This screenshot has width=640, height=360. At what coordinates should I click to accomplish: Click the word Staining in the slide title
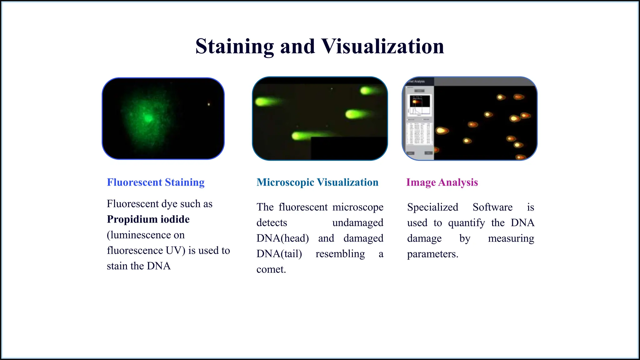coord(234,46)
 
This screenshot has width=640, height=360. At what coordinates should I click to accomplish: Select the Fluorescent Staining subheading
coord(156,182)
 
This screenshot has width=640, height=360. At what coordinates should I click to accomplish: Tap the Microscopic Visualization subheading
coord(317,182)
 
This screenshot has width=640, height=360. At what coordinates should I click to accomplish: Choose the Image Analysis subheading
coord(442,182)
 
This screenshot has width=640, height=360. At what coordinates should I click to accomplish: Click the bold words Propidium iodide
coord(148,219)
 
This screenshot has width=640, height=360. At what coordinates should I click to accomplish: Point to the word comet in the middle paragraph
coord(271,269)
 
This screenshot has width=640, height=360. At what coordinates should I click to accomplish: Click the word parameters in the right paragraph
coord(432,254)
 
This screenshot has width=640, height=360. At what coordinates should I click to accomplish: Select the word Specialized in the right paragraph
coord(432,207)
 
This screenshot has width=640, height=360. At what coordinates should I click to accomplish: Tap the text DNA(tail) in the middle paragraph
coord(279,254)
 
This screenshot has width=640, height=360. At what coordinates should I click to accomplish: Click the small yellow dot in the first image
coord(209,104)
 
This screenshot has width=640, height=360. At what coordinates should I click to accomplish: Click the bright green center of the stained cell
coord(148,118)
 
